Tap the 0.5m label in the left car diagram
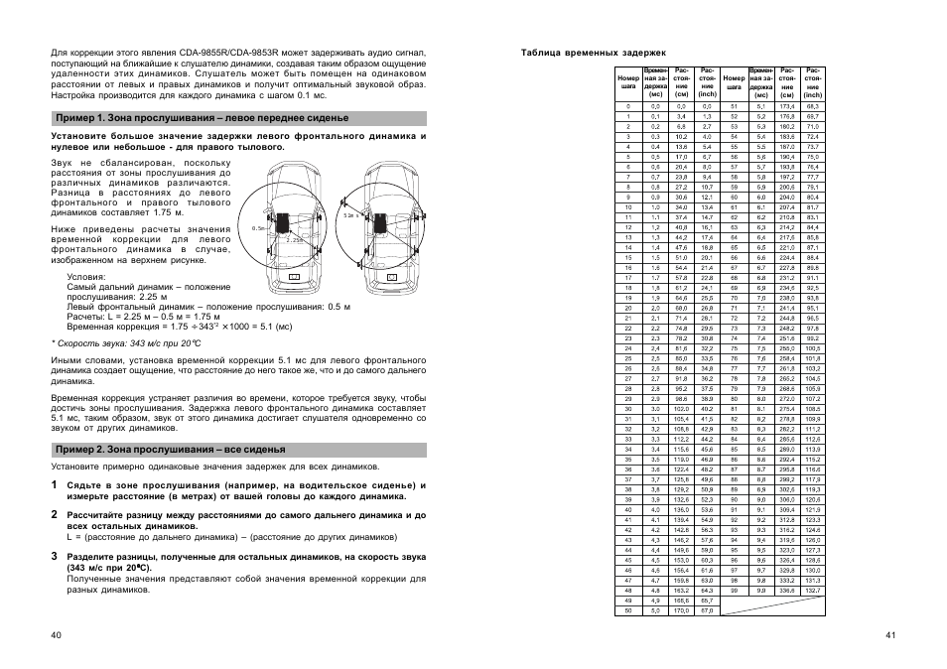coord(260,228)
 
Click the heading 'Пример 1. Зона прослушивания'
coord(200,118)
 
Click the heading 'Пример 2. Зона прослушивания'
coord(169,449)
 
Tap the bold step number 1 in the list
coord(56,485)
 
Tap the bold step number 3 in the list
coord(56,556)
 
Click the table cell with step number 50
coord(627,610)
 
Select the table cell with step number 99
coord(734,590)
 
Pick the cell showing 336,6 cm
coord(786,590)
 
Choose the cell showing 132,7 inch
coord(812,590)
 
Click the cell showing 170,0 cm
coord(681,610)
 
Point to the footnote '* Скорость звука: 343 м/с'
coord(119,342)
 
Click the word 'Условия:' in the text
coord(86,276)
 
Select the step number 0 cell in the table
coord(627,105)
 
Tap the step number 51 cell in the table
coord(734,105)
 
